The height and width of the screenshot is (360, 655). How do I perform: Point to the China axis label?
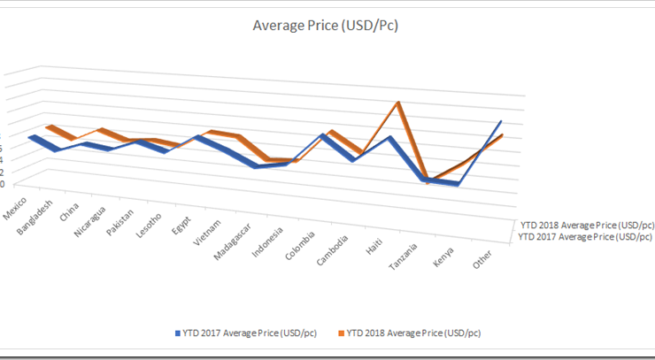[x=69, y=215]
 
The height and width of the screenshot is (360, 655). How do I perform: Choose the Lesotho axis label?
[x=149, y=228]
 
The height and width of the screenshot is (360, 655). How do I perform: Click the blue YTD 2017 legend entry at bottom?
[x=243, y=333]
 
